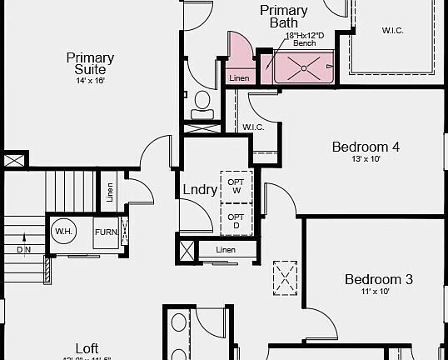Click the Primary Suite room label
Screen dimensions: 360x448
90,63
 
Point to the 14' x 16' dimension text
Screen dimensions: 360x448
90,81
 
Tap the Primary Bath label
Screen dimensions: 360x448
283,17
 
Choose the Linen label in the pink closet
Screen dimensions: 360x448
239,78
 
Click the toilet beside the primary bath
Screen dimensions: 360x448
202,103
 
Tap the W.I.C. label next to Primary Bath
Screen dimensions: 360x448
393,31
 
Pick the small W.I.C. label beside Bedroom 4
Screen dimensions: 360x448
253,127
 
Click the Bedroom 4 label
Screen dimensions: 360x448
366,147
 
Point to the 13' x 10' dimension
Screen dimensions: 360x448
366,160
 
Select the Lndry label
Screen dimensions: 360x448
200,189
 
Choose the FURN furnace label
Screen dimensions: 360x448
105,232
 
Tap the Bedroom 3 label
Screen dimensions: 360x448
379,279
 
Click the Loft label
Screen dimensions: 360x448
87,347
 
